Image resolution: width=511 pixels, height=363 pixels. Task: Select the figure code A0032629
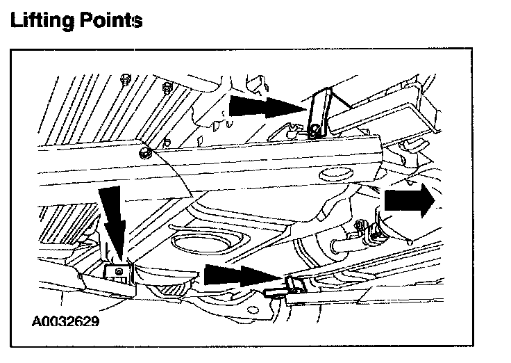(64, 322)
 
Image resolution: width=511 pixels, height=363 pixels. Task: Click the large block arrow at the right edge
(408, 200)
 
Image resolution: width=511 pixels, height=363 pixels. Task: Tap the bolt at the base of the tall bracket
(316, 129)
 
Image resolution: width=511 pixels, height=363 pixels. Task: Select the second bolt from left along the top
(166, 88)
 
